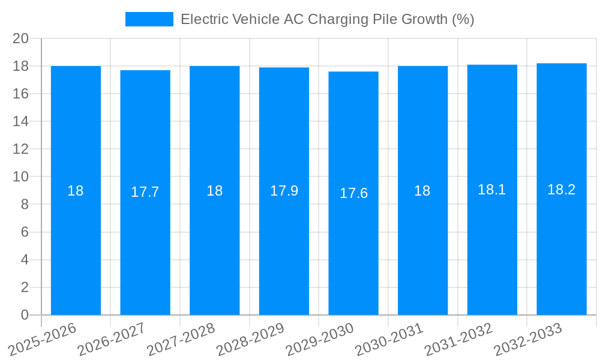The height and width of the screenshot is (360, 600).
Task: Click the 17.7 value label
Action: (145, 192)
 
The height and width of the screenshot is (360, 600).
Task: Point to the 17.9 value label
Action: (284, 191)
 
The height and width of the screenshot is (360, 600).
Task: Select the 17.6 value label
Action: (353, 193)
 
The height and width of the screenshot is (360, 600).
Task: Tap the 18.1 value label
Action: (492, 190)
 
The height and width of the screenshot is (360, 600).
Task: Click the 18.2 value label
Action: (562, 190)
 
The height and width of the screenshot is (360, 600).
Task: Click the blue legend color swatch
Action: (149, 19)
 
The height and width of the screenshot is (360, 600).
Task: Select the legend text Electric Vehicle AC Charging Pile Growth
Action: (327, 19)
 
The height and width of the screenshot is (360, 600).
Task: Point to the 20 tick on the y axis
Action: (21, 38)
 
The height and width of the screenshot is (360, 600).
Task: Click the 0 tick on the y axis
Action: (25, 315)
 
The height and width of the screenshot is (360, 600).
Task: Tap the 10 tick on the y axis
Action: (21, 177)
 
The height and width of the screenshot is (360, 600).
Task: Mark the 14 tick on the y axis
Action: (21, 121)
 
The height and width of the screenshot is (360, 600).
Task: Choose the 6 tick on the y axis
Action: (25, 232)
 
